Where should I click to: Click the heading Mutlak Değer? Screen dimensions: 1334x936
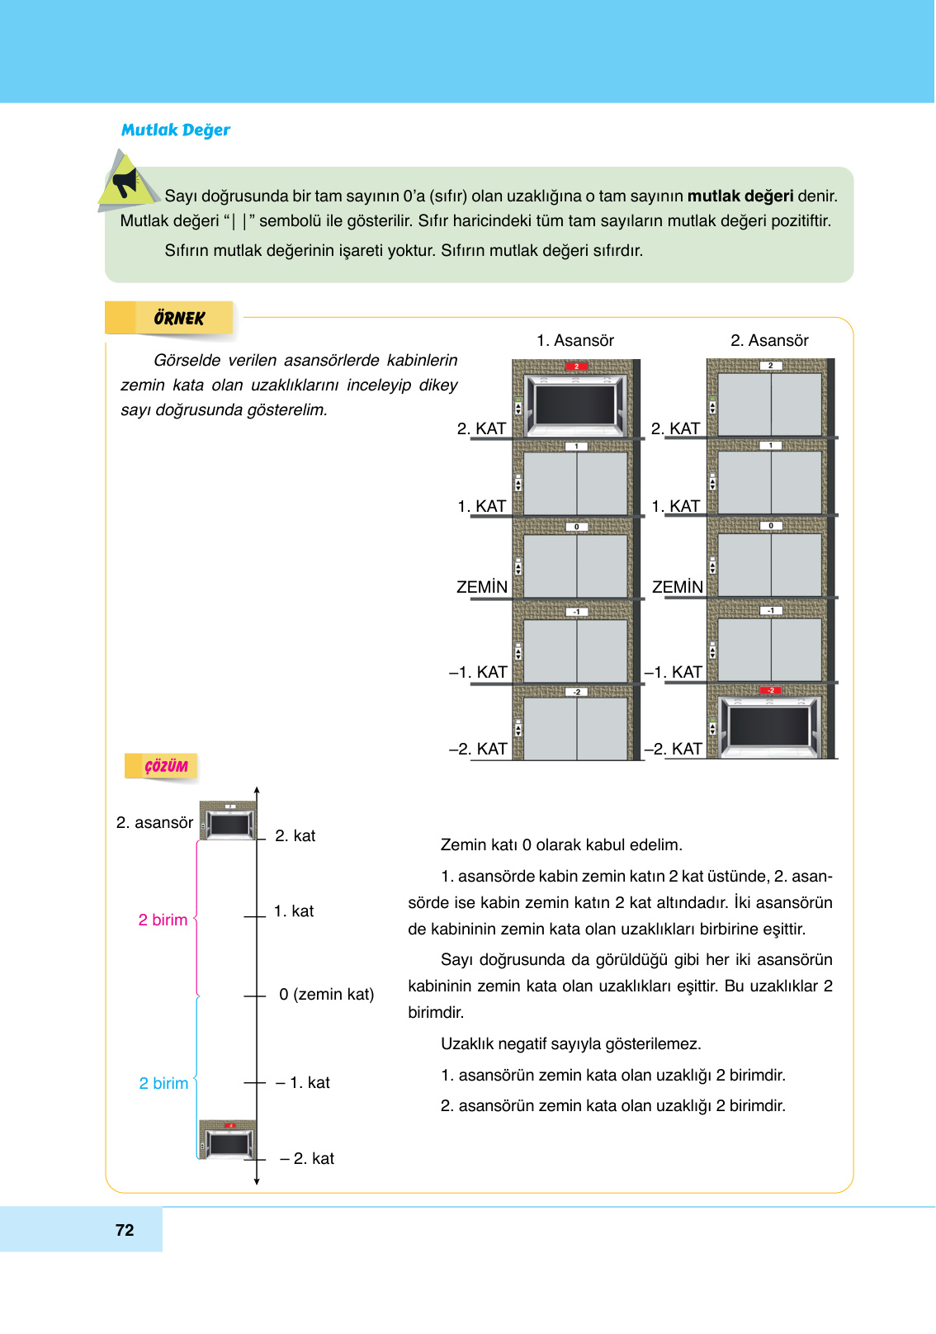point(175,130)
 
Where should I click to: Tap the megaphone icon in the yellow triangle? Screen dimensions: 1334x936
point(125,182)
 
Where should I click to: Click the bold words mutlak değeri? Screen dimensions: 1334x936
point(740,196)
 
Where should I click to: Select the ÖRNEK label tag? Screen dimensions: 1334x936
point(177,319)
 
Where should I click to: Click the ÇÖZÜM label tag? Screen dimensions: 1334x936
point(165,766)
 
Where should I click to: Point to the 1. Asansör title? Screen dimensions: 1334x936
point(574,340)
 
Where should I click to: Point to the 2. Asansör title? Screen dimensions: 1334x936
point(768,340)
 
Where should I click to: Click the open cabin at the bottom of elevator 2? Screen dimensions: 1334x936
point(769,727)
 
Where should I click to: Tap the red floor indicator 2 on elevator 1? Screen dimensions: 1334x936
point(576,366)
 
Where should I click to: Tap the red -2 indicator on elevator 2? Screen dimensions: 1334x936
point(770,690)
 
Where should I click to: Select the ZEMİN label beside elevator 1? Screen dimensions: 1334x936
point(482,587)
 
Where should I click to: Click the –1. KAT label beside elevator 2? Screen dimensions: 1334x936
point(674,672)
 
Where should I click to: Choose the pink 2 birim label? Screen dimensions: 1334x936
point(163,920)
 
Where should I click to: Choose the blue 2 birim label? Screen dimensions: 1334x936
point(163,1083)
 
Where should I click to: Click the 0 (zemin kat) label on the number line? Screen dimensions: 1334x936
point(326,994)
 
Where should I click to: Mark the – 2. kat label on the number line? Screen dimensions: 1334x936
point(307,1158)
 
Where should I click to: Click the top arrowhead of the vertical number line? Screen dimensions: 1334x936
point(257,791)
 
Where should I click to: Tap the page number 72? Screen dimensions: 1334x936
point(125,1230)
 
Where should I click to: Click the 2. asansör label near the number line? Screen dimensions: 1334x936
point(154,822)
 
